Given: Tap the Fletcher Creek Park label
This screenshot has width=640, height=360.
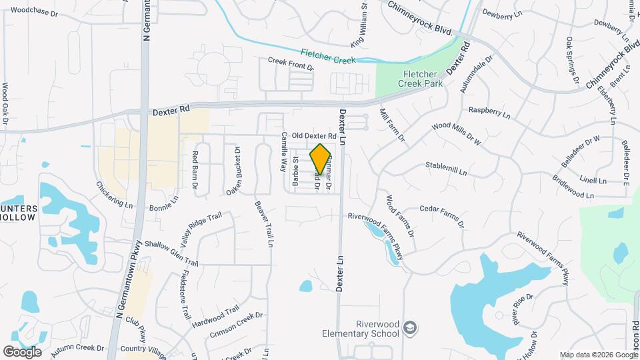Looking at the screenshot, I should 416,79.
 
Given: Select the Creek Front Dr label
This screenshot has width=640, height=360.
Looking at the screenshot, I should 291,63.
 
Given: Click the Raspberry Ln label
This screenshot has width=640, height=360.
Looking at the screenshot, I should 489,109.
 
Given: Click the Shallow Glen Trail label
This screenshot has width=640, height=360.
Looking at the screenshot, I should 171,253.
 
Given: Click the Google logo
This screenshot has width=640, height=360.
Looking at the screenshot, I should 23,351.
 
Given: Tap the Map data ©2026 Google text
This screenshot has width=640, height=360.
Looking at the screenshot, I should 597,355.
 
